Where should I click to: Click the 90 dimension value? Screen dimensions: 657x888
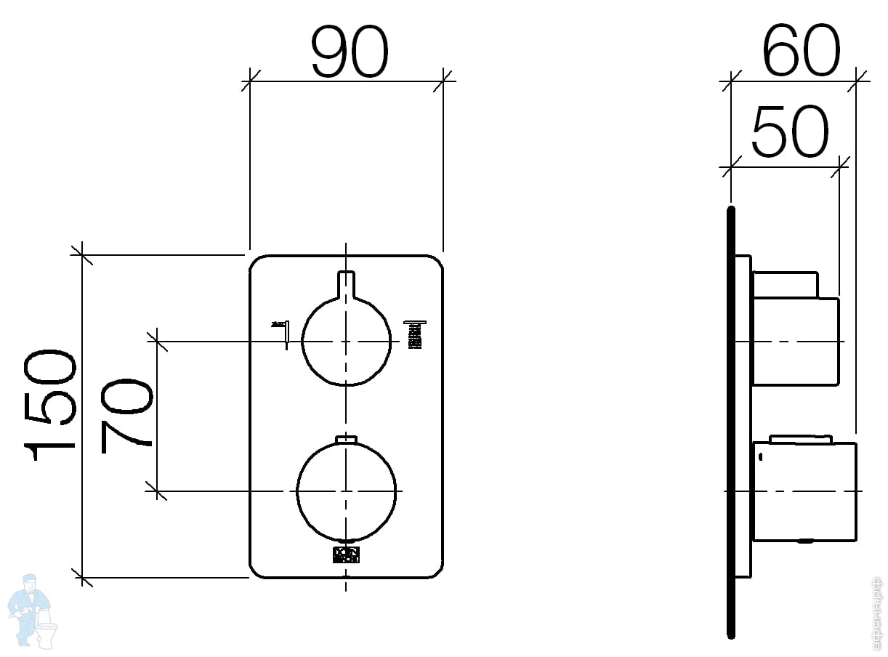350,52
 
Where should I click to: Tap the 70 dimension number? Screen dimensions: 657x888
128,415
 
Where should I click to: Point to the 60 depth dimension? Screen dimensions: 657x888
801,52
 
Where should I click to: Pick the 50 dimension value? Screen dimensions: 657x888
789,132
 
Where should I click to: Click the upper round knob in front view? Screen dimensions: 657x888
347,342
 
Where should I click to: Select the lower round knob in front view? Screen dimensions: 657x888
347,491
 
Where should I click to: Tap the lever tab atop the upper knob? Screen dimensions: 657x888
347,283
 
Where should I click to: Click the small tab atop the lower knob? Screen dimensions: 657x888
347,438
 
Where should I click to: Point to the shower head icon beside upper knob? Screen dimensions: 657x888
415,334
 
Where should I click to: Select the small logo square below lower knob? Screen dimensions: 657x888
346,555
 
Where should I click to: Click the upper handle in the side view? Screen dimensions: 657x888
795,331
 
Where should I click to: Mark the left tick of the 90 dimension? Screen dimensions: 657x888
250,80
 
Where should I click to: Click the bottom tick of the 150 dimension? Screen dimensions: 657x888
82,578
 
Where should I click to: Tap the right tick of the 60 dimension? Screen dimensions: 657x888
858,80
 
